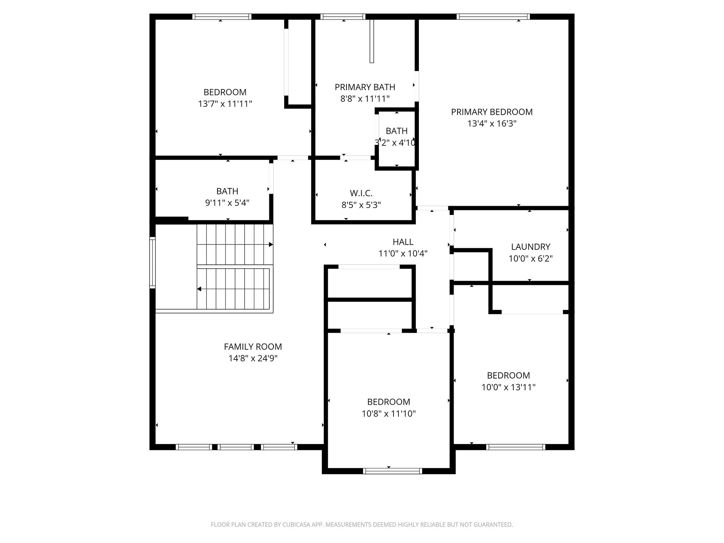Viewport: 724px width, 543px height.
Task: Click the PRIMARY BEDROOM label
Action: pos(491,112)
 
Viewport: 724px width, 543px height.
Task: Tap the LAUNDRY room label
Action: pos(530,247)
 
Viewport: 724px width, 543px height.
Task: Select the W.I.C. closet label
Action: pos(361,193)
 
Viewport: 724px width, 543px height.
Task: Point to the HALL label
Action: pos(403,242)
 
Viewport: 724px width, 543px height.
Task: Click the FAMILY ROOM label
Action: pos(253,347)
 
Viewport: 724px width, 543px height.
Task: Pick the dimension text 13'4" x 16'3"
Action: pos(491,124)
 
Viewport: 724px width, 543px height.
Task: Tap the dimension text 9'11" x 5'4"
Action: pos(227,203)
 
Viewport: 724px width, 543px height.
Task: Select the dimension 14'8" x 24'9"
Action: pos(253,358)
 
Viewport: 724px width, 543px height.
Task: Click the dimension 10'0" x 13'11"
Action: pos(508,387)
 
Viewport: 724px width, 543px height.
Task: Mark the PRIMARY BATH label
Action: pos(365,87)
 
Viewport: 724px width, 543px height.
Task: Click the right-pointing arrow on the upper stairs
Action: pos(270,244)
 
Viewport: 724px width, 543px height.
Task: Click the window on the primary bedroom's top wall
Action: pos(493,17)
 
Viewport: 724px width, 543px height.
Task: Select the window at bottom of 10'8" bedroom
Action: pos(392,471)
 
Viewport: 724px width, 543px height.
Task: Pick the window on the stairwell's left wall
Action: pos(152,262)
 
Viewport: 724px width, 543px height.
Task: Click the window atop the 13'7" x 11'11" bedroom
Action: pos(222,17)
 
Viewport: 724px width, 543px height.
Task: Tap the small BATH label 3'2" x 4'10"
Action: pos(396,131)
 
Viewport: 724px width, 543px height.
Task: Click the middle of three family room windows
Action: pos(236,447)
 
